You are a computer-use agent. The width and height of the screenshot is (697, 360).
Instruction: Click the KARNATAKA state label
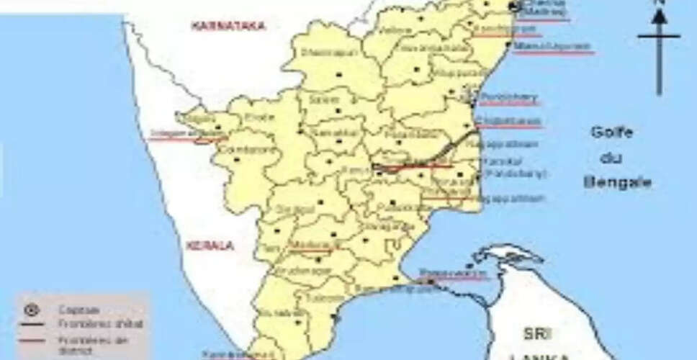(x=228, y=27)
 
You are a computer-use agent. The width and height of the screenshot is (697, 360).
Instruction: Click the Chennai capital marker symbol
(x=514, y=6)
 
